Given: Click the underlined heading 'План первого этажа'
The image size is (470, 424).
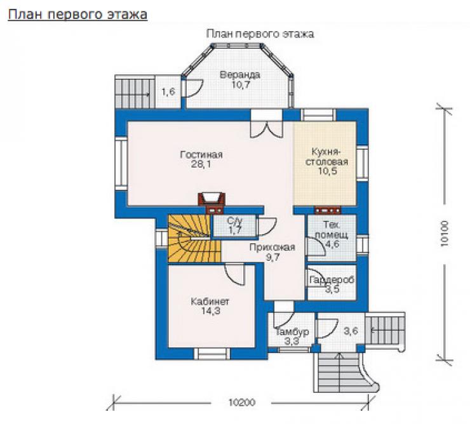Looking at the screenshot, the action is pos(77,14).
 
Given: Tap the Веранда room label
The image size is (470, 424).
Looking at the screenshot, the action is pos(240,74).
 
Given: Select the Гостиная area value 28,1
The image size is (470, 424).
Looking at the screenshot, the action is pos(201,164).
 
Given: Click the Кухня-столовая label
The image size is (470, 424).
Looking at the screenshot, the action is pos(326,156).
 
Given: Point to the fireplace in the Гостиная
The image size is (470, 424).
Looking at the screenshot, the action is pos(211,200).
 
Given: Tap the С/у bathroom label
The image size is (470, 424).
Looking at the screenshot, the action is pos(235,221).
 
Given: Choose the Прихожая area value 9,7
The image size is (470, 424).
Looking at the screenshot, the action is pos(272,257).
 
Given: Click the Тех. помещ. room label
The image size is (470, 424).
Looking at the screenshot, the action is pos(332,229).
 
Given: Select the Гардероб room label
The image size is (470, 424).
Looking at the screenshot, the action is pos(332,280).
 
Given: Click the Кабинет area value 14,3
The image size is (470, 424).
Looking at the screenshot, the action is pos(211,311).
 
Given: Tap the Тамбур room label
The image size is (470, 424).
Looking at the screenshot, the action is pos(292,332).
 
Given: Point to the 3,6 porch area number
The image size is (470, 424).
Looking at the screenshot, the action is pos(351,331).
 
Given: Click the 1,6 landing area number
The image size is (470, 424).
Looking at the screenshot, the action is pos(168,91).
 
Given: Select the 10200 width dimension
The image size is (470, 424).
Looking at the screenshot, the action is pos(242,402).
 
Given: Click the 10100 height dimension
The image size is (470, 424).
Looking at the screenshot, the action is pos(444,234).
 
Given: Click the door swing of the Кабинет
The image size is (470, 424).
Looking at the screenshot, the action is pos(235,274).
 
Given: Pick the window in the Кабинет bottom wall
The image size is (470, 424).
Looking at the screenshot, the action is pos(212,354).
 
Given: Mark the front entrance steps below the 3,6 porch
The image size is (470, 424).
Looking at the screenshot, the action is pos(340,372).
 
